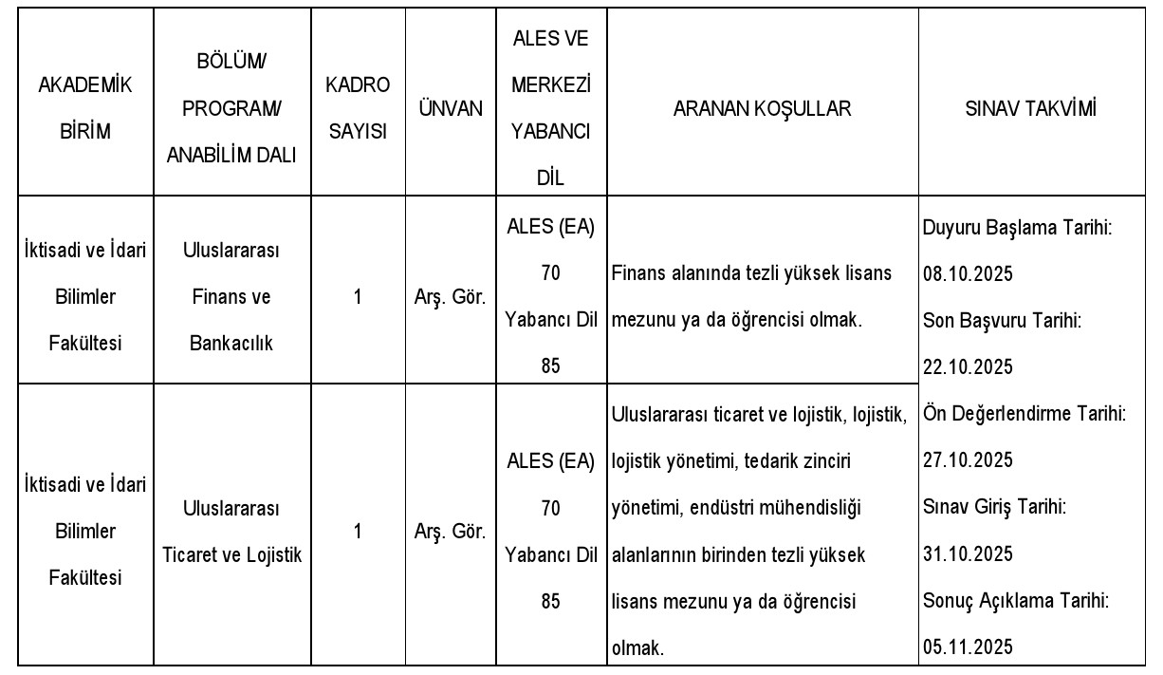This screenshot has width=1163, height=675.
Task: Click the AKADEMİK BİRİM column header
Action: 84,108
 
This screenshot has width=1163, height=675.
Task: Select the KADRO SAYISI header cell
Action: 358,108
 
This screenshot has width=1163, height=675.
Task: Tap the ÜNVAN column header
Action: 451,108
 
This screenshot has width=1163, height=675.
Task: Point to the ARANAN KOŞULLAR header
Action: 762,108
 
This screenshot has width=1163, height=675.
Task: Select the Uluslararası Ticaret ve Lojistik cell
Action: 232,532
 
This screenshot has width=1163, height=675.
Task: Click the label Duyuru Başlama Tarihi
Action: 1018,228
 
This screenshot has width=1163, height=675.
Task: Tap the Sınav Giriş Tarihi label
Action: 994,507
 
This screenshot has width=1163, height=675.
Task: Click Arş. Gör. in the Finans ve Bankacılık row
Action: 451,297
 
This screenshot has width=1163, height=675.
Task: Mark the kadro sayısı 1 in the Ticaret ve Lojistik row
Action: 358,532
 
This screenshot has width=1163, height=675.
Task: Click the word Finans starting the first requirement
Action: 638,274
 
